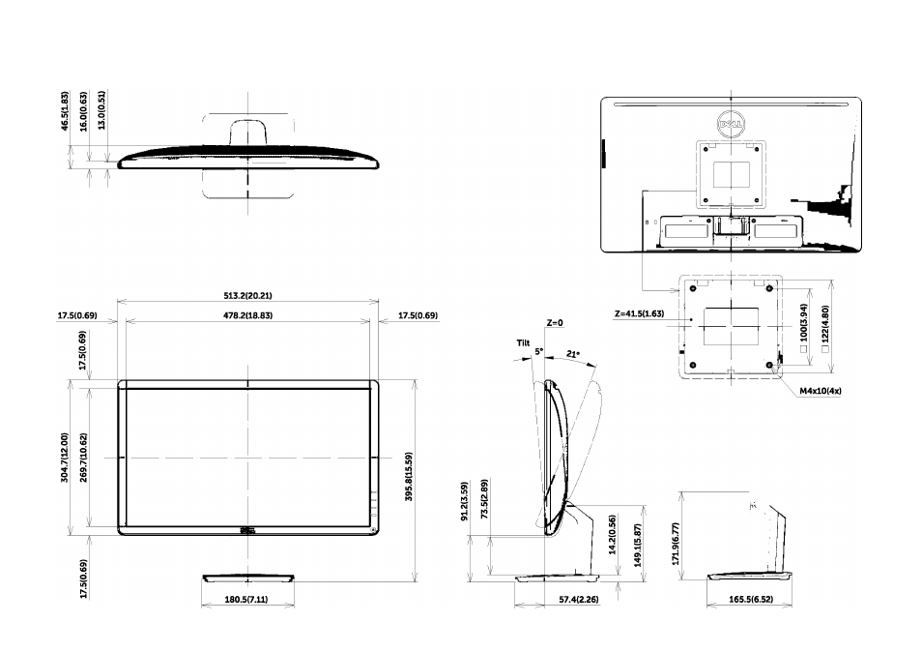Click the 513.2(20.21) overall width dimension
(247, 295)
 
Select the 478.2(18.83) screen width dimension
(247, 315)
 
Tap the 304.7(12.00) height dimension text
(65, 458)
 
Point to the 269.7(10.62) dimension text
(83, 458)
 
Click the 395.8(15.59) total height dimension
(409, 477)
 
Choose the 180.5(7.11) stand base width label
(246, 600)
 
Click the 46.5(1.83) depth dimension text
(65, 110)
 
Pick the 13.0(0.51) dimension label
(101, 110)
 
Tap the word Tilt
(523, 342)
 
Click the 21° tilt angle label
(573, 354)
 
